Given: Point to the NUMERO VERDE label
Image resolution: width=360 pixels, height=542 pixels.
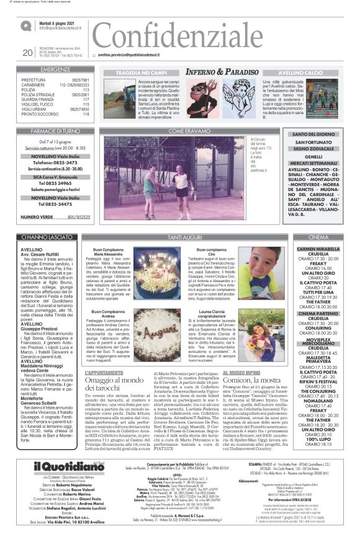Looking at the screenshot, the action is click(x=37, y=218).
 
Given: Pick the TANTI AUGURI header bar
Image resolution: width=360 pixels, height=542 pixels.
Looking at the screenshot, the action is click(x=189, y=238).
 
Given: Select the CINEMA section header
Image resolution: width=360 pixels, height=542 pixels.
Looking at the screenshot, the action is click(x=321, y=238).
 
